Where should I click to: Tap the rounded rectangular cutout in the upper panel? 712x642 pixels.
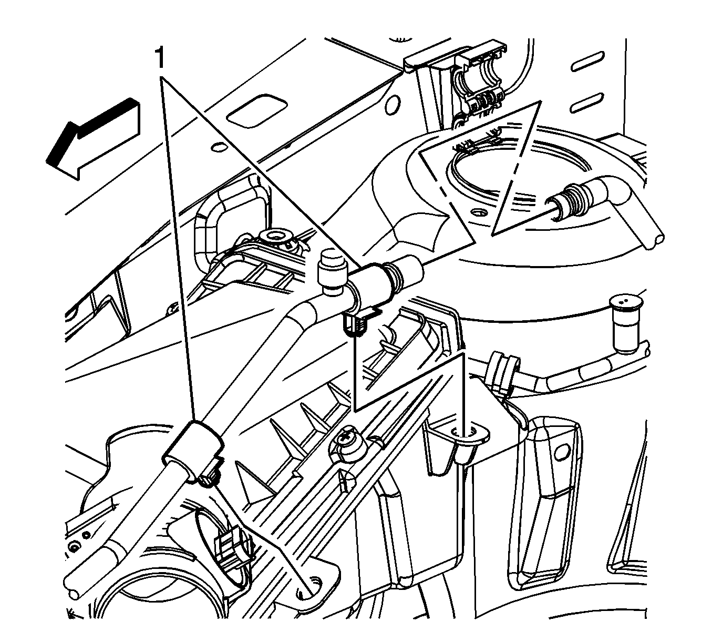point(256,110)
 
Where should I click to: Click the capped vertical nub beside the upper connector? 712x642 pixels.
point(332,273)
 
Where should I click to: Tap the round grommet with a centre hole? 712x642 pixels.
point(275,238)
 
